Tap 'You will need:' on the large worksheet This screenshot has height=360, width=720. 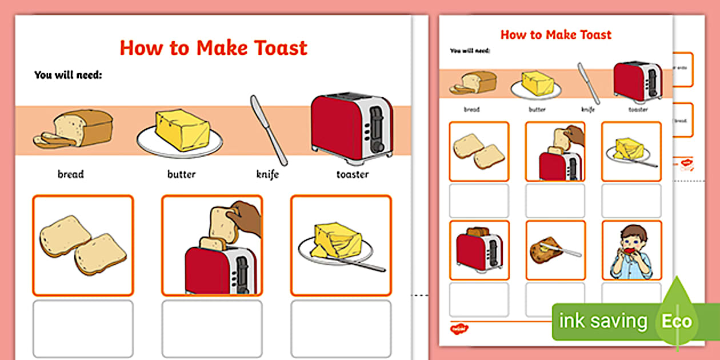(x=68, y=74)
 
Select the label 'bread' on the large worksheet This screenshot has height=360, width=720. (x=70, y=174)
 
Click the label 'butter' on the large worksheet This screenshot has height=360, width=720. (x=181, y=174)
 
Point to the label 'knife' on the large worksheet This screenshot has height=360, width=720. (x=267, y=174)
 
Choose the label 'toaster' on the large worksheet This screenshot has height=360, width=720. (x=352, y=174)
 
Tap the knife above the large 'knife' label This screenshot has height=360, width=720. (x=268, y=130)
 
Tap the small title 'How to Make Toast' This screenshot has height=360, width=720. (x=555, y=35)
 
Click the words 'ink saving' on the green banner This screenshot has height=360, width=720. (x=602, y=321)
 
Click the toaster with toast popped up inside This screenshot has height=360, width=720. (x=478, y=250)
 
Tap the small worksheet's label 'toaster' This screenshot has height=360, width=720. (x=638, y=109)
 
